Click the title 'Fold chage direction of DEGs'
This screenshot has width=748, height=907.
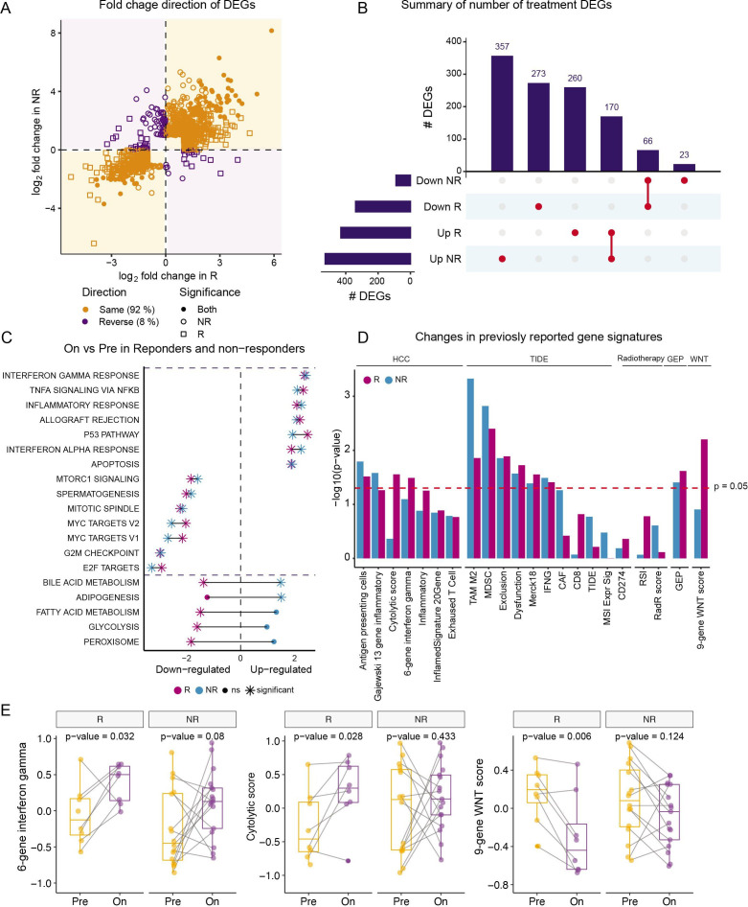click(165, 9)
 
